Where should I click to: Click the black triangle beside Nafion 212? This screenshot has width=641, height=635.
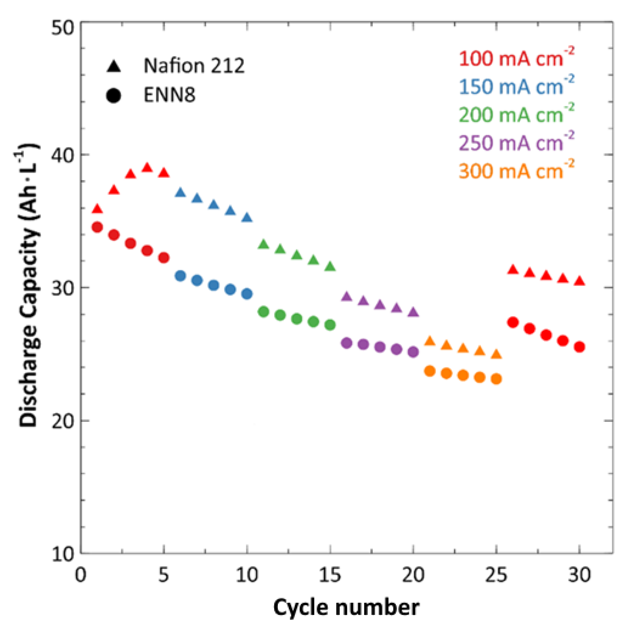click(114, 66)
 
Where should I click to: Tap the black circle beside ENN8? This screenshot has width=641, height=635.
click(114, 96)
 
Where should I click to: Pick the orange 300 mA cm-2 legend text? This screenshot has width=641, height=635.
click(516, 171)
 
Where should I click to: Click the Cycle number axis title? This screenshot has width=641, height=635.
click(346, 607)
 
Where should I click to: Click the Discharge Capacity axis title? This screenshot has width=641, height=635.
click(28, 285)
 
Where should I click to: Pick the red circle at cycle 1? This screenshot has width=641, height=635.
click(97, 227)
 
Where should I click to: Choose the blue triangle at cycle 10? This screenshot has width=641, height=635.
click(247, 218)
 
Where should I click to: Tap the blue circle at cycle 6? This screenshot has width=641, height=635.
click(180, 276)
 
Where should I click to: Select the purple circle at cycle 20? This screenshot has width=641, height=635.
click(413, 352)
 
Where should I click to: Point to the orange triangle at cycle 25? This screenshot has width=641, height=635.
click(496, 354)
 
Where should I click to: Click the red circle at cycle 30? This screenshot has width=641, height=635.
click(579, 347)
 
